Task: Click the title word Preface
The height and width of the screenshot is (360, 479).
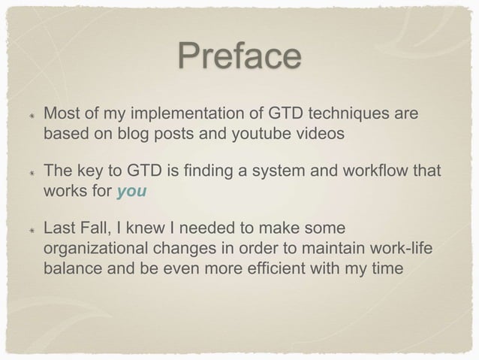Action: coord(239,58)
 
